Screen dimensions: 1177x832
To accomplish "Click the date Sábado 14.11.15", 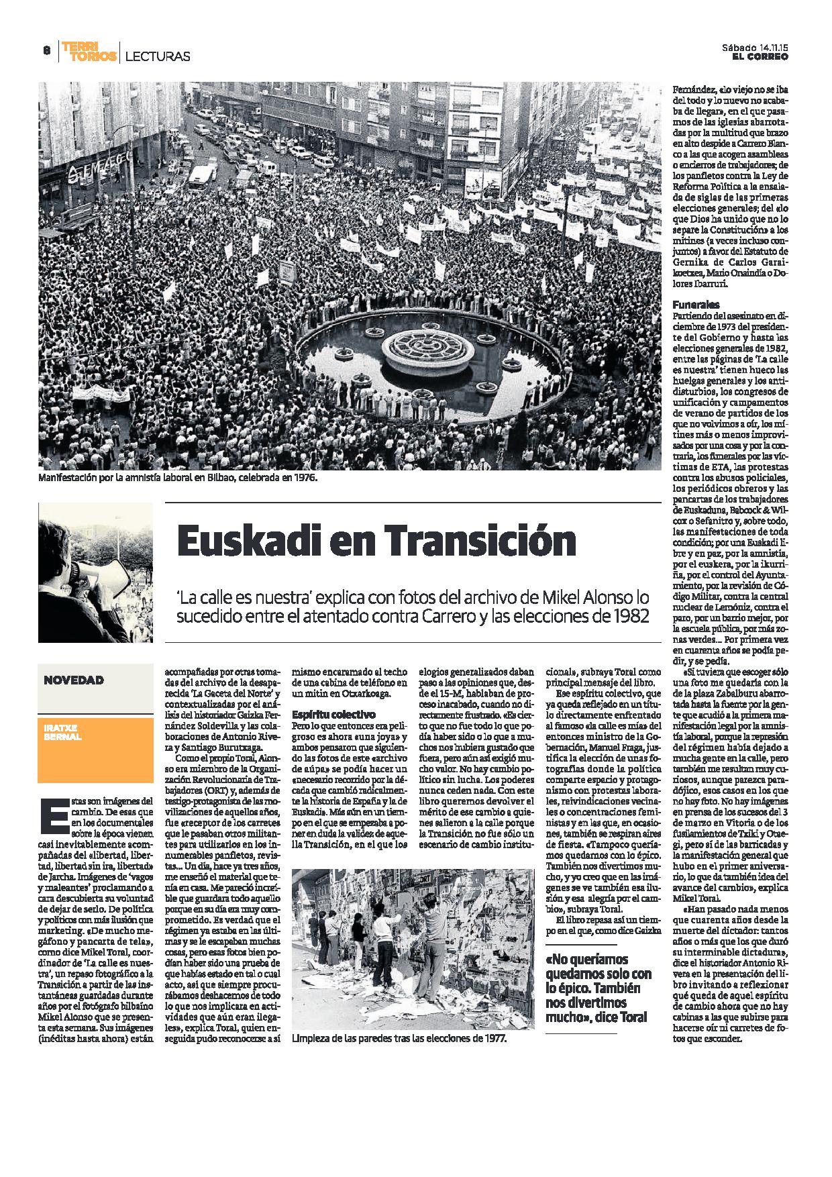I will [x=755, y=48].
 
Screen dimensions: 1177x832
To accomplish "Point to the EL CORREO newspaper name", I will [x=760, y=57].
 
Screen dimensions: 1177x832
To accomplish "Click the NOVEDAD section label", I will [x=74, y=680].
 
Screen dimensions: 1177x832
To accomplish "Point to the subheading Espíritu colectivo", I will [x=334, y=714].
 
